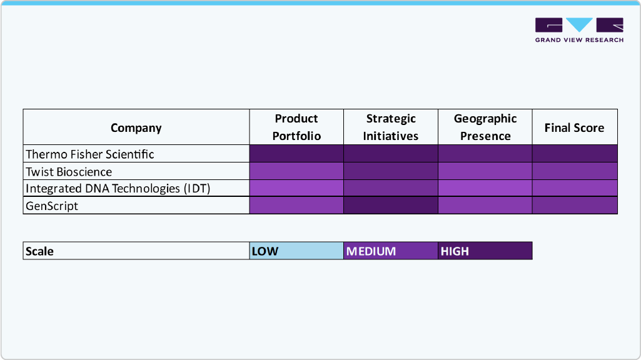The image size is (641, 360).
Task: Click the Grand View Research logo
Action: [x=579, y=30]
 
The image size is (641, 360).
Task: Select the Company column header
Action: [x=136, y=127]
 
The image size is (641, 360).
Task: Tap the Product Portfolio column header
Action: [x=296, y=127]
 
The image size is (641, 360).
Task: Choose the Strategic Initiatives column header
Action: [x=391, y=127]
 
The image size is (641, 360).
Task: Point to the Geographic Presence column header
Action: [x=485, y=127]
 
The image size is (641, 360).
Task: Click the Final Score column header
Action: [x=574, y=127]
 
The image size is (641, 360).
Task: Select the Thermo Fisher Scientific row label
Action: [x=90, y=154]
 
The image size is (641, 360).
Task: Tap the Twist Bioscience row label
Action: [x=69, y=171]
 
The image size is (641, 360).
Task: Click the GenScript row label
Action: [x=52, y=206]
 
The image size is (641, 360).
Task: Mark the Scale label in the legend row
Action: [x=39, y=251]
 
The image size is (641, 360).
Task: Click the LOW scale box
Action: [x=296, y=251]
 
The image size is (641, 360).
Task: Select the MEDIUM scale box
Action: [x=391, y=251]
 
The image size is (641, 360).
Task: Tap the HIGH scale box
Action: [x=485, y=251]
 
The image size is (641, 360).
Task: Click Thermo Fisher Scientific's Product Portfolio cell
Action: [x=296, y=154]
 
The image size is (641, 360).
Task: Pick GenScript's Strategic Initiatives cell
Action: [x=391, y=206]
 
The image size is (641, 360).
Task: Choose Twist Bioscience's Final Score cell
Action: [x=575, y=171]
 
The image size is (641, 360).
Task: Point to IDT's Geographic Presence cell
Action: [x=485, y=188]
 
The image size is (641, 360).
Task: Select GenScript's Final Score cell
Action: [x=575, y=206]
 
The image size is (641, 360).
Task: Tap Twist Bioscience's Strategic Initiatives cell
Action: [x=391, y=171]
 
